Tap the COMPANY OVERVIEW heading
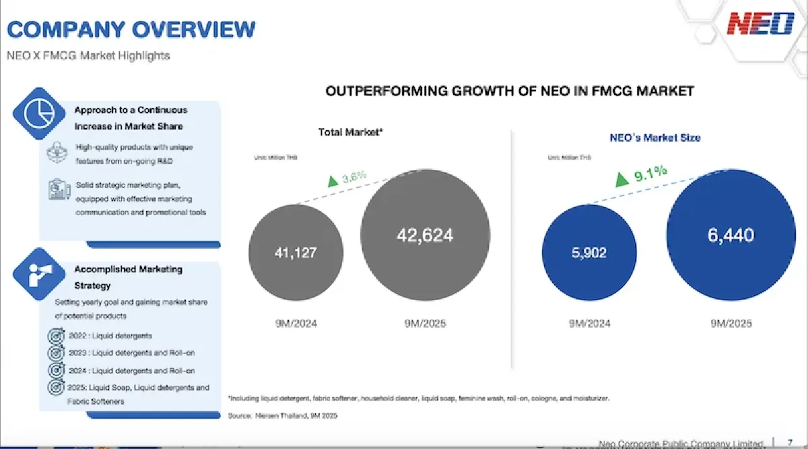tap(131, 29)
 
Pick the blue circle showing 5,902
tap(590, 253)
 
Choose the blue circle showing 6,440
tap(731, 235)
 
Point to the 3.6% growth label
tap(354, 177)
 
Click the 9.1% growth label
tap(650, 173)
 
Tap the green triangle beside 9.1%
tap(622, 178)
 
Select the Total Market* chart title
tap(350, 132)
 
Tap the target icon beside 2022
tap(57, 336)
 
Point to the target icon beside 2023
tap(57, 353)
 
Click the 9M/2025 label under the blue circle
tap(731, 324)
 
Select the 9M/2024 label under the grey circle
tap(296, 324)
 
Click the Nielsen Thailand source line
tap(283, 416)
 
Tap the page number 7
tap(789, 443)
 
